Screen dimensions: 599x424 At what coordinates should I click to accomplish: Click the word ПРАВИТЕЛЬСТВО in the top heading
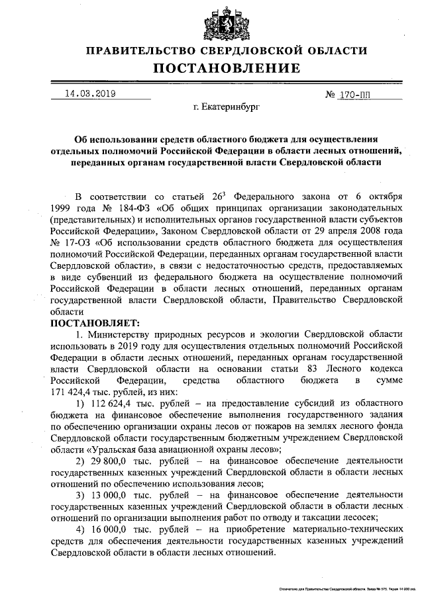pyautogui.click(x=144, y=50)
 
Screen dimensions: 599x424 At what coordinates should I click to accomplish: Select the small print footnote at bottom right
pyautogui.click(x=342, y=588)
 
